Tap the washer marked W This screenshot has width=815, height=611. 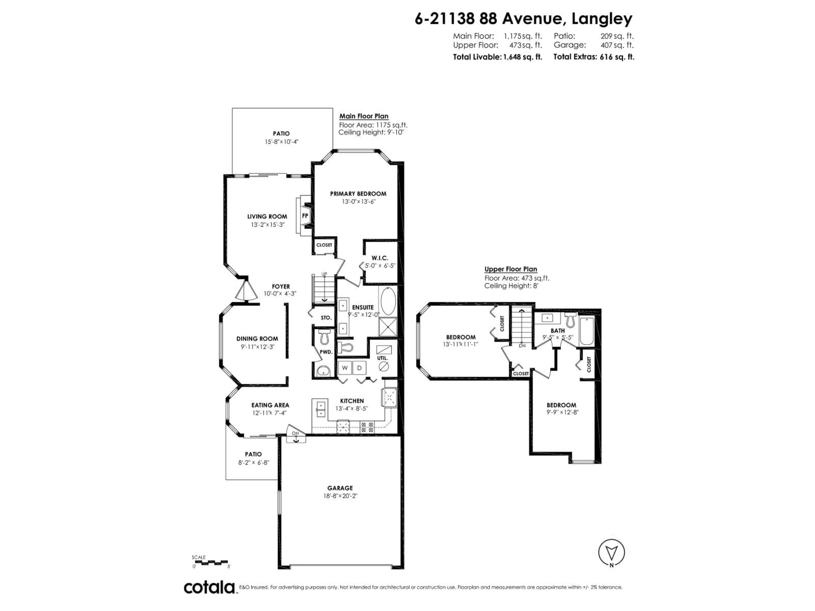tap(345, 368)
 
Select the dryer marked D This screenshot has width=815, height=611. tap(359, 368)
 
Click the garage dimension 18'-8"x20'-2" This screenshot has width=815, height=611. tap(340, 496)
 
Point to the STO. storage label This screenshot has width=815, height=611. tap(326, 317)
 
